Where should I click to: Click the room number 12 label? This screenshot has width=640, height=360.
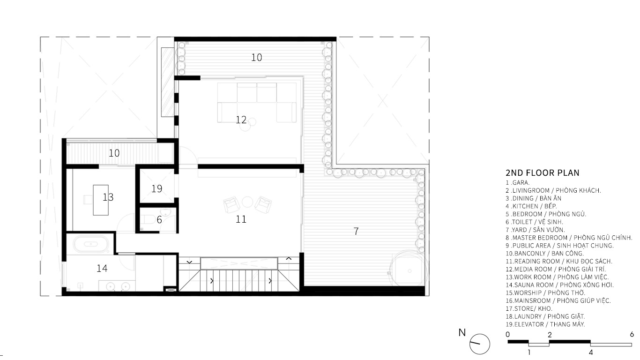point(241,120)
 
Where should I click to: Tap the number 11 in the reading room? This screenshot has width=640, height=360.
point(241,219)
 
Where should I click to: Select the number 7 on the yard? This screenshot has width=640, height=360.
point(356,231)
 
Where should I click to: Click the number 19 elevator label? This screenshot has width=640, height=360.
point(156,188)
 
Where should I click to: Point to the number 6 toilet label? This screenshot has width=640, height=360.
point(159,219)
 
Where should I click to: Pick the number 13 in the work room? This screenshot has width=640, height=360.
point(108,197)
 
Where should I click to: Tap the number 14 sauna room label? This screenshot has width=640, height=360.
point(102,268)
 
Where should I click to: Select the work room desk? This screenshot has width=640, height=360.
point(101,200)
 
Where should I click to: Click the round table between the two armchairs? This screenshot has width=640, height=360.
point(247,202)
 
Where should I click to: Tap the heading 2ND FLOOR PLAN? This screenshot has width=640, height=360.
point(542,173)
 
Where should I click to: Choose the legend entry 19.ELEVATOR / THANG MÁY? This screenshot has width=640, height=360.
point(545,324)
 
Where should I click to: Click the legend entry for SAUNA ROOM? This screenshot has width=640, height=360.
point(559,285)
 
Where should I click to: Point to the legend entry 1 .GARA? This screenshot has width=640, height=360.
point(517,182)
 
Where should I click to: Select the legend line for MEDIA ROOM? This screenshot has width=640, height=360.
point(555,270)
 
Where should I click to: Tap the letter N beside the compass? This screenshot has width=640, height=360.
point(462,332)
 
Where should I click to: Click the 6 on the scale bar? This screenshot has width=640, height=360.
point(632,334)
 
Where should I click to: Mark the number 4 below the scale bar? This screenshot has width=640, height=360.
point(591,352)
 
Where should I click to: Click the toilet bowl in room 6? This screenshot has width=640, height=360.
point(148,220)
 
